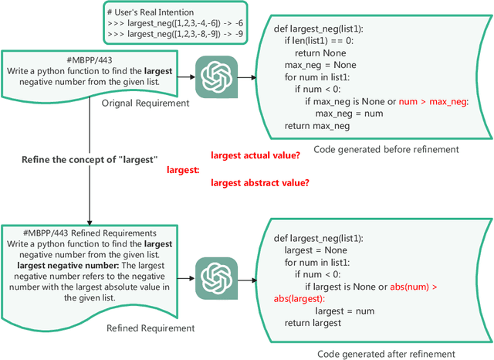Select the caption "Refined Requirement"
pyautogui.click(x=150, y=328)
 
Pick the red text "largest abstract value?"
pyautogui.click(x=260, y=182)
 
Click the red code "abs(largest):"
pyautogui.click(x=299, y=299)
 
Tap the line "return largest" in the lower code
pyautogui.click(x=312, y=323)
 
